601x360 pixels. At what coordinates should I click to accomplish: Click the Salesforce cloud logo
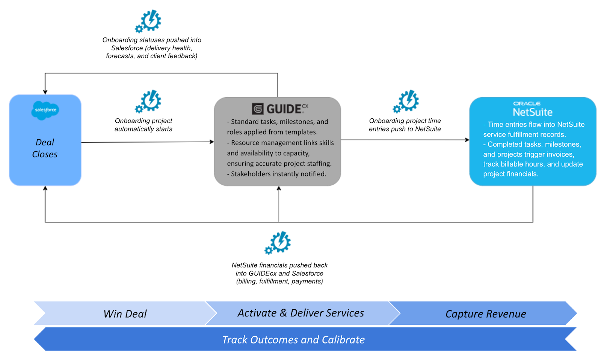point(45,110)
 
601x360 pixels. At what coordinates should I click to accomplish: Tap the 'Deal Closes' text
point(45,148)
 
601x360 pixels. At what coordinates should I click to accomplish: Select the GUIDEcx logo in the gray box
point(279,109)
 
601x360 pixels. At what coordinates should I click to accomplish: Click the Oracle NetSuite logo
point(532,109)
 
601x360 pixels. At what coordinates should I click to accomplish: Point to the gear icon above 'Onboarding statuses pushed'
point(148,21)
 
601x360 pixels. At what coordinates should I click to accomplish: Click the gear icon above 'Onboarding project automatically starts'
point(148,101)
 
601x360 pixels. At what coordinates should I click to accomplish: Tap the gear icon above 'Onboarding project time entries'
point(406,101)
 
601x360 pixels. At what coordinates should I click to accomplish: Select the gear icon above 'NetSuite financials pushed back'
point(278,243)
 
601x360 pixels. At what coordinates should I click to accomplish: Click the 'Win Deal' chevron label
point(125,314)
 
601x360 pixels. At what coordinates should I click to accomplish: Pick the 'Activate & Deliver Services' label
point(300,313)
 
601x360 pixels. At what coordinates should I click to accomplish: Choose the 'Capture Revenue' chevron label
point(485,314)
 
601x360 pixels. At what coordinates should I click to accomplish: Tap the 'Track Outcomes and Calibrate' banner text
point(293,340)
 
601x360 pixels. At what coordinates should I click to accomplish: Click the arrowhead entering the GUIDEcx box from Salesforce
point(212,142)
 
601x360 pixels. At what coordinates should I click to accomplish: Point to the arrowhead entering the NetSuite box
point(467,140)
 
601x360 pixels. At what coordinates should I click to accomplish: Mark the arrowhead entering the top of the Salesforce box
point(45,92)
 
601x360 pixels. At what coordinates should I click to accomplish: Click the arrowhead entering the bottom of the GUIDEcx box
point(279,188)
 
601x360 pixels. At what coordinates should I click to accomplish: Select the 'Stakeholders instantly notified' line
point(277,174)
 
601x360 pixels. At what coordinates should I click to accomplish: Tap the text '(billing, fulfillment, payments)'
point(279,282)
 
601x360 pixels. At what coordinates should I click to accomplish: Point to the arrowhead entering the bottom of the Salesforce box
point(45,188)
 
